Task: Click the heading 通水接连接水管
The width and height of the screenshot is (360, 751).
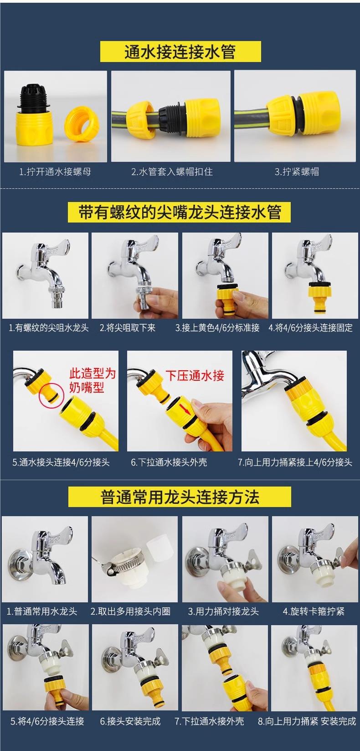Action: (x=180, y=52)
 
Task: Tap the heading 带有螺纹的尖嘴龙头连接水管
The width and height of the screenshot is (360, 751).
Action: (x=180, y=212)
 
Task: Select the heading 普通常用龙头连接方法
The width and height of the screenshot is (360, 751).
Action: (x=180, y=497)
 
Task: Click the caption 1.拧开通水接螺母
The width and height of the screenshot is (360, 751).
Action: (x=55, y=171)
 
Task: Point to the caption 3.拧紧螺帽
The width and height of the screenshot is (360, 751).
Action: (x=297, y=171)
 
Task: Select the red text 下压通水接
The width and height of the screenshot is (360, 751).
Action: (x=195, y=376)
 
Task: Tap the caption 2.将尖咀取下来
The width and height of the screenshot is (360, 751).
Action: (x=128, y=327)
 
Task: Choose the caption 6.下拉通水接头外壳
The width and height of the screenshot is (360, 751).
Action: (x=169, y=462)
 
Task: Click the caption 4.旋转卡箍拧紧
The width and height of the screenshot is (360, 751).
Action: (x=314, y=611)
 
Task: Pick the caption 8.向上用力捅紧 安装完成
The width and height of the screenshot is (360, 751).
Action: (x=307, y=721)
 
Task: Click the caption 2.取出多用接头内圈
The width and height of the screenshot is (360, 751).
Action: (x=130, y=611)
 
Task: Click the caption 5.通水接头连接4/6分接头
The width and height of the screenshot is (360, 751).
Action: (x=61, y=462)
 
